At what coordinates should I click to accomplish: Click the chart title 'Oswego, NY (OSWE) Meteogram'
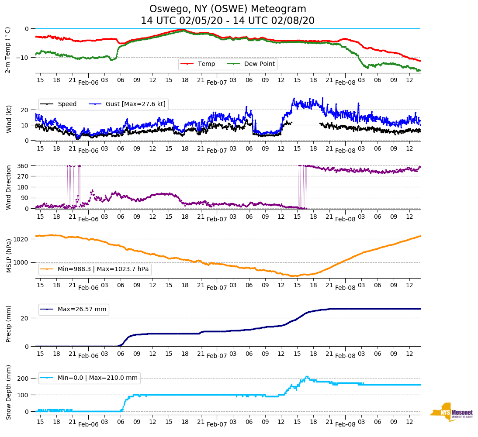[228, 9]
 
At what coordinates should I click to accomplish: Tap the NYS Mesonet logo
[452, 412]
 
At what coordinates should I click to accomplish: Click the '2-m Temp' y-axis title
[8, 50]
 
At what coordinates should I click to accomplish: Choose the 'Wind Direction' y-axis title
[8, 187]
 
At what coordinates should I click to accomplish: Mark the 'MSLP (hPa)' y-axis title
[8, 255]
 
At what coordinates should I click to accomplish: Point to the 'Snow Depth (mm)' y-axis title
[8, 392]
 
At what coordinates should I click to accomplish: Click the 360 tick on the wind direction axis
[23, 166]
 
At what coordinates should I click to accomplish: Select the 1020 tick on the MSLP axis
[21, 239]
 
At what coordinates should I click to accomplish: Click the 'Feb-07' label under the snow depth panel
[217, 424]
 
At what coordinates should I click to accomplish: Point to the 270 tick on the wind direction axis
[23, 176]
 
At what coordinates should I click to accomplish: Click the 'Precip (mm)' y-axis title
[8, 325]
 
